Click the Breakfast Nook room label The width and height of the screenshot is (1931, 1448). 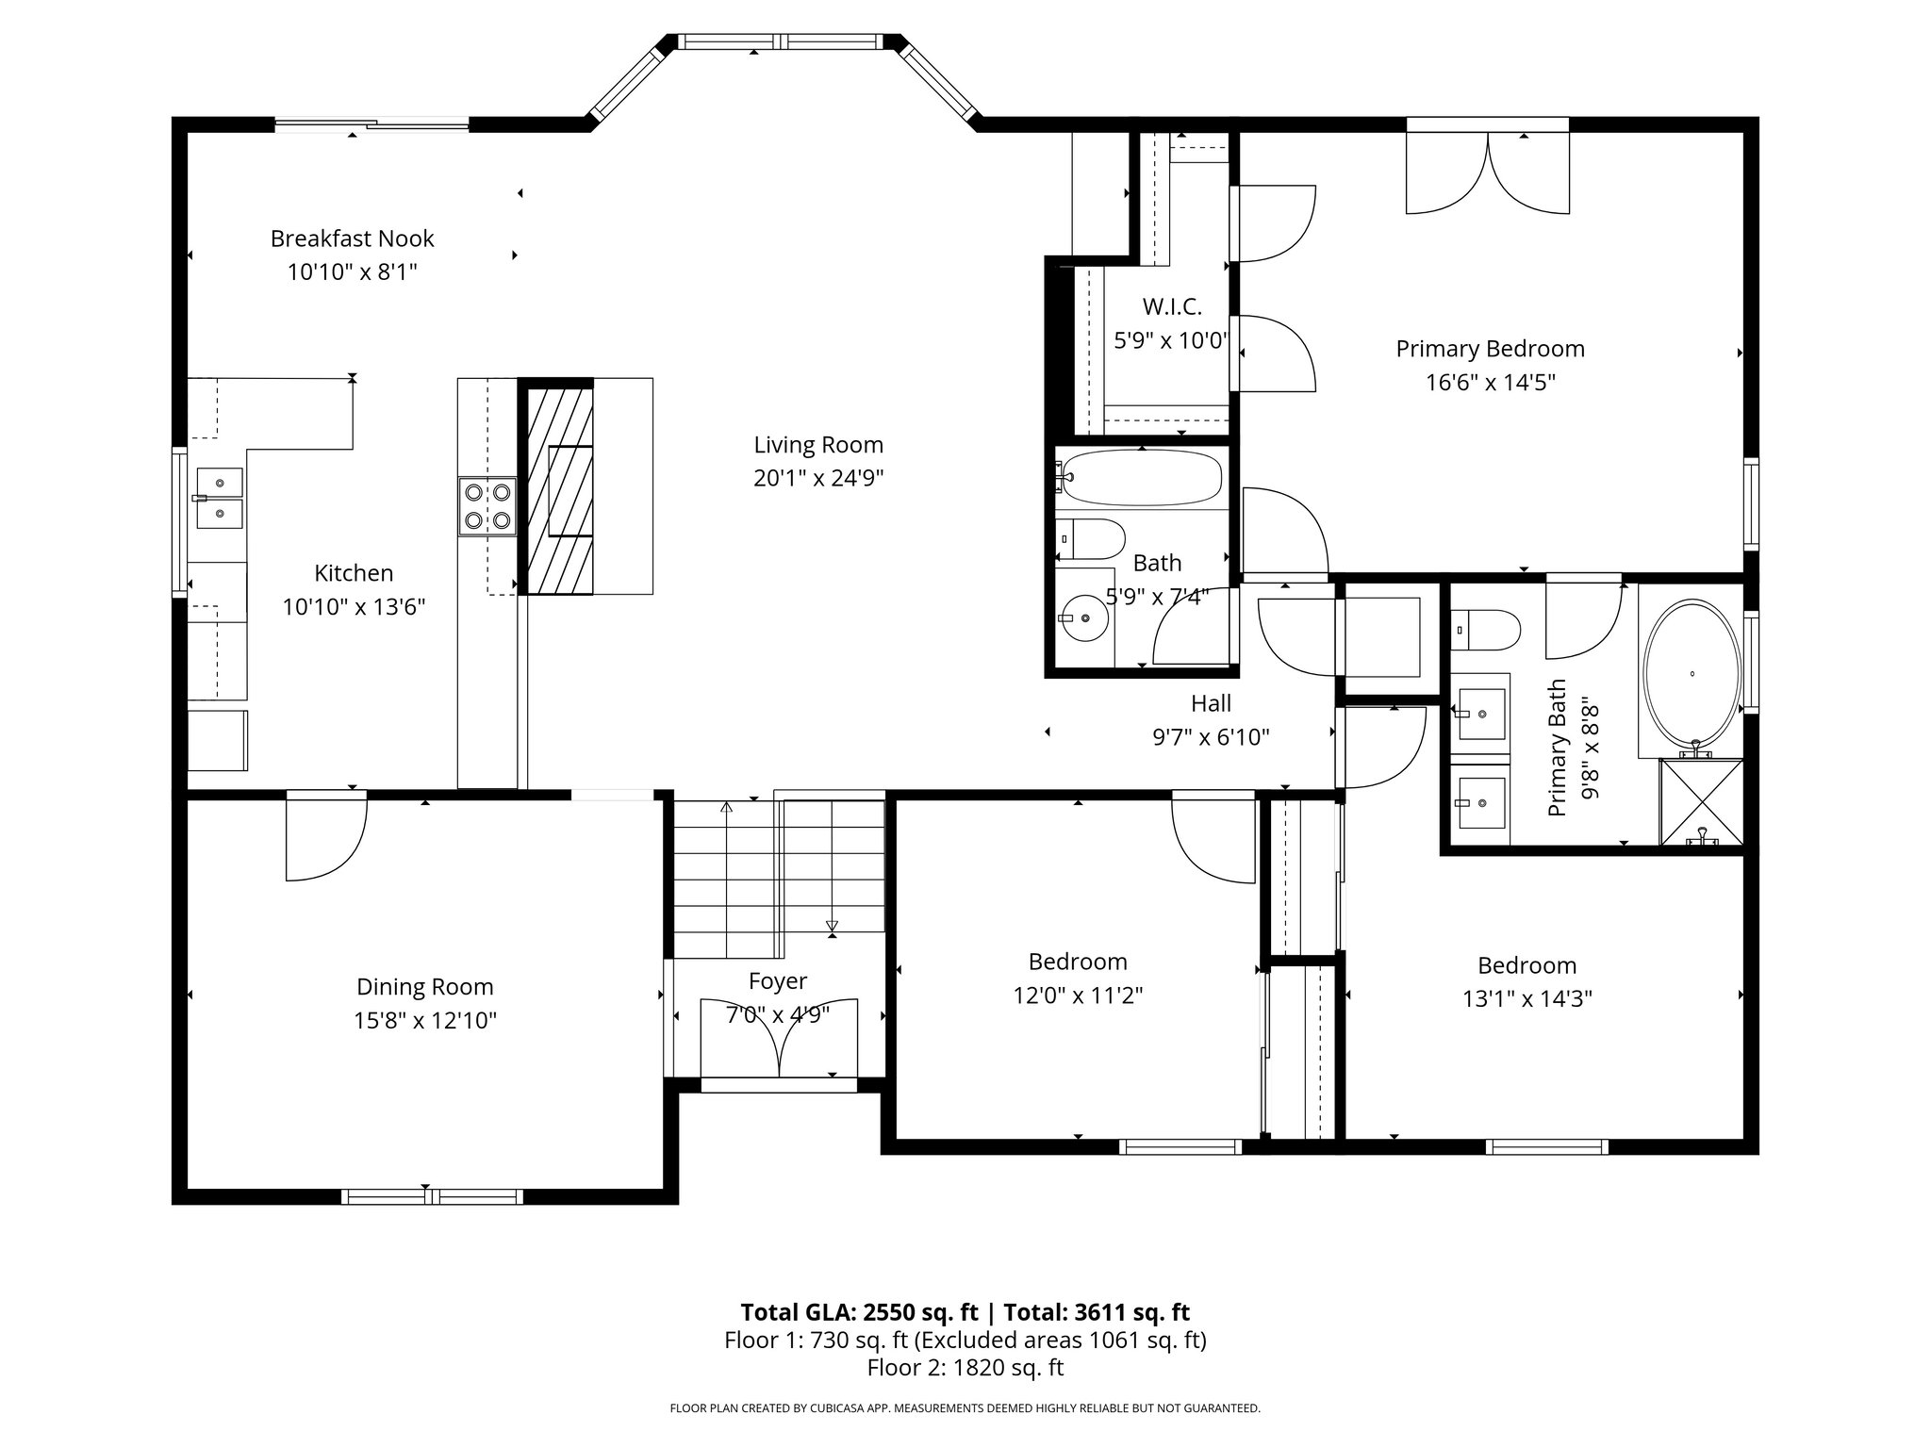(352, 239)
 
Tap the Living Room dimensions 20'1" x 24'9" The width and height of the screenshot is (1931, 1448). (818, 479)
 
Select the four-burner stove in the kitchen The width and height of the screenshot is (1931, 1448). (487, 506)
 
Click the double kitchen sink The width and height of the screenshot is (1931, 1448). (219, 498)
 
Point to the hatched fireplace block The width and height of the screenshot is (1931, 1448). (560, 490)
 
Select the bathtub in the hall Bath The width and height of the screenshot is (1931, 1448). (1141, 478)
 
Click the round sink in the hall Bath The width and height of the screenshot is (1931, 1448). (1084, 618)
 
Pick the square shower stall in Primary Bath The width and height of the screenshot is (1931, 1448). (1701, 802)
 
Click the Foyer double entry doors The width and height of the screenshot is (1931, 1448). (779, 1038)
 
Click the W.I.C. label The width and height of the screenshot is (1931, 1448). (1172, 307)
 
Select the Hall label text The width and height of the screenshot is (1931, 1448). (1211, 703)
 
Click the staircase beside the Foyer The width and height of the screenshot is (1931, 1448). (779, 878)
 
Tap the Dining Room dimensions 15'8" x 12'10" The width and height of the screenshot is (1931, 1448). (425, 1021)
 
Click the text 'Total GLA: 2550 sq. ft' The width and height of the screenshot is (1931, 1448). (860, 1312)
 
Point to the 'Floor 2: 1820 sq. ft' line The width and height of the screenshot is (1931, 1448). (965, 1367)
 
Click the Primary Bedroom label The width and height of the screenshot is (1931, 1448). (1490, 350)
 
